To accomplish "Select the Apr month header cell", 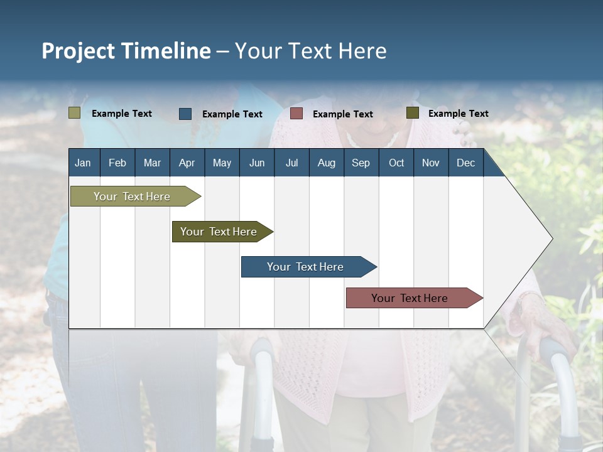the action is tap(187, 163).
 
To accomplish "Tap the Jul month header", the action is tap(292, 163).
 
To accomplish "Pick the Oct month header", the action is tap(396, 163).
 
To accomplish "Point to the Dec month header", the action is tap(466, 163).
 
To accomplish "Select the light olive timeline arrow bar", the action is tap(136, 196).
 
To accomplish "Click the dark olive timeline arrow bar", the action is tap(222, 232).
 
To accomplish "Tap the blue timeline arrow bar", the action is tap(309, 267).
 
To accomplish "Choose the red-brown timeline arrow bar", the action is tap(415, 298).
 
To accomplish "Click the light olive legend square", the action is tap(74, 112).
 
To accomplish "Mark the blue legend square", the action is tap(185, 114).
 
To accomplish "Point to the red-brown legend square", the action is tap(296, 114).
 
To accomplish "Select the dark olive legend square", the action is tap(413, 112).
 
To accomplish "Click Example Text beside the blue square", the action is tap(232, 114).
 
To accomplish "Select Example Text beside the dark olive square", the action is tap(459, 114).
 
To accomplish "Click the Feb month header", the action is tap(117, 163).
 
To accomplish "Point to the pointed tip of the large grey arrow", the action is tap(553, 239).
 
